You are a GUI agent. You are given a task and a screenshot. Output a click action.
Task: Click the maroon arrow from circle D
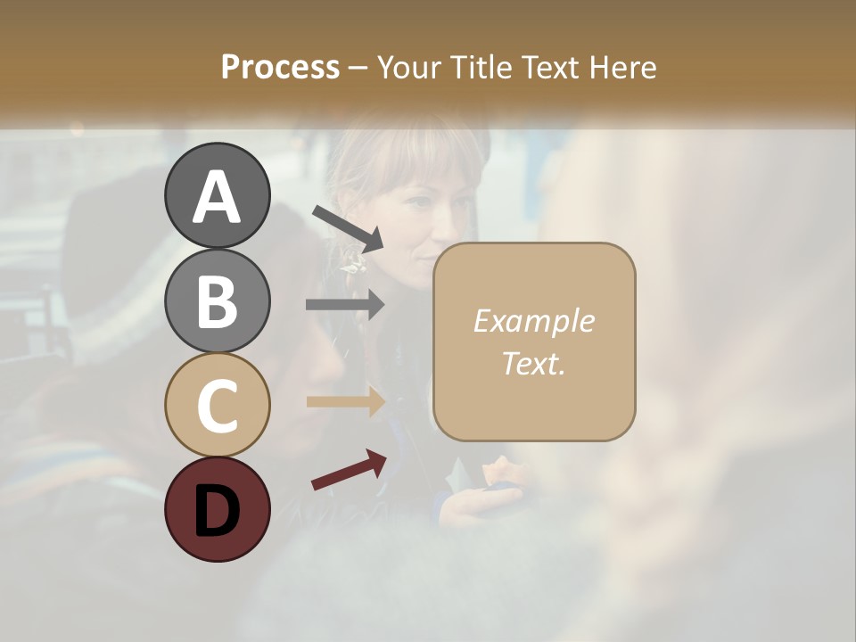pos(349,470)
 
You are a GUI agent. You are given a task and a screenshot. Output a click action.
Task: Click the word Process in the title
pos(280,68)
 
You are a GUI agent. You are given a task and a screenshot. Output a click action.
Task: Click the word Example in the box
pos(533,321)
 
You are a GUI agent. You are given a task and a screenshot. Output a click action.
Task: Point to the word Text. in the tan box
pos(533,363)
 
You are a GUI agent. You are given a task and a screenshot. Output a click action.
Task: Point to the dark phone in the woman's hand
pos(505,489)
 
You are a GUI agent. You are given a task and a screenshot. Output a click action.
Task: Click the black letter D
pos(218,511)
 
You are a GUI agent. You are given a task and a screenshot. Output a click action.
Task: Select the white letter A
pos(218,197)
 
